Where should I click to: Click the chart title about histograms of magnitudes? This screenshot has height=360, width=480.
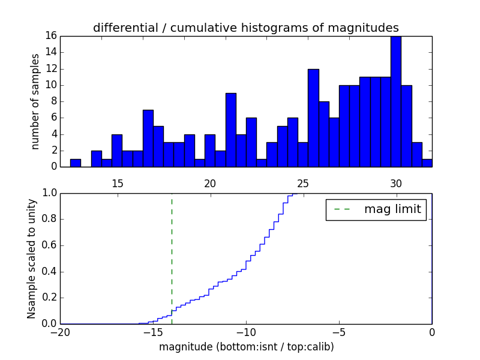[246, 28]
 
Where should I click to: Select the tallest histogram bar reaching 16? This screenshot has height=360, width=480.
[396, 102]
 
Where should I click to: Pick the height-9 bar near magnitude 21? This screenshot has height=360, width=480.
[230, 130]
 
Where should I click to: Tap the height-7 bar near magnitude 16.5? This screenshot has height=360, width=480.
[148, 138]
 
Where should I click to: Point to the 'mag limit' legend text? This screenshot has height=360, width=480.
[392, 209]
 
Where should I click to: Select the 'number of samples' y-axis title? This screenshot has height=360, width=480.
[35, 101]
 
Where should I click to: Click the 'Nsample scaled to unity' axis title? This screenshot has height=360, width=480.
[31, 259]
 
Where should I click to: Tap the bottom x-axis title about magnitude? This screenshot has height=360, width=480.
[246, 347]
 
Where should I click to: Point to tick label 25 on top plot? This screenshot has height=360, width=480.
[303, 183]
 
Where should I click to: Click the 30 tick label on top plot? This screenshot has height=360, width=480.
[396, 183]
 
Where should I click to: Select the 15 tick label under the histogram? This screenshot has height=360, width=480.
[117, 183]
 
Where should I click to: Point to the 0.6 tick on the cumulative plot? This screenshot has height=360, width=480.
[49, 245]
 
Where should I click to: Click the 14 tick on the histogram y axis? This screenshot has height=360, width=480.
[51, 52]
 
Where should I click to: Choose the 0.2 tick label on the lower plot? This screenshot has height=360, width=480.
[49, 298]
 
